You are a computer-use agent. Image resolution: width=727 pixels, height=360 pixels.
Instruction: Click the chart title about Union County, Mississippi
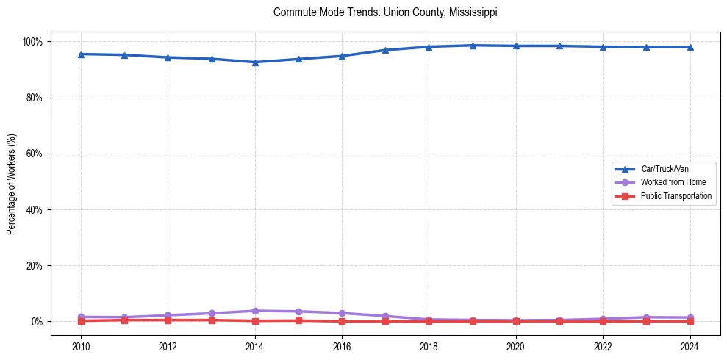[x=385, y=12]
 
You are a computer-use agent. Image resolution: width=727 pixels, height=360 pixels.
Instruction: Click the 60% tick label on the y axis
[x=35, y=154]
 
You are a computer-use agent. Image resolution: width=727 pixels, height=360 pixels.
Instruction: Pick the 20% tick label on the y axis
[x=35, y=266]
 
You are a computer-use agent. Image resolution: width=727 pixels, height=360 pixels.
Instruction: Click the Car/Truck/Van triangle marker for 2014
[x=255, y=62]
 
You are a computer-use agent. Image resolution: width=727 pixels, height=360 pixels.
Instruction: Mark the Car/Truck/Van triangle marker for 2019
[x=473, y=46]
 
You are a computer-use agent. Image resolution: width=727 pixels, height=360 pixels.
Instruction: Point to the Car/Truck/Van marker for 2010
[x=81, y=54]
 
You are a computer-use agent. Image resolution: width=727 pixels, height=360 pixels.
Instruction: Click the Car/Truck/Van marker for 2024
[x=690, y=47]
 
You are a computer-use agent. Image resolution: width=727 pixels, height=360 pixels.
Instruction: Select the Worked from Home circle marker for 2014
[x=255, y=311]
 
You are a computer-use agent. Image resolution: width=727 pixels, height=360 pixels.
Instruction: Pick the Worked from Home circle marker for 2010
[x=81, y=317]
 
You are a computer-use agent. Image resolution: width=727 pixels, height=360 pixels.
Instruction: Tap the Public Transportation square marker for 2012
[x=168, y=320]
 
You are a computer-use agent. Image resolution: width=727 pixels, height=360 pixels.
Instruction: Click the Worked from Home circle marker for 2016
[x=342, y=313]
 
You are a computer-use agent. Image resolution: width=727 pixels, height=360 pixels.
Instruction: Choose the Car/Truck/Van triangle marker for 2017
[x=385, y=50]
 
